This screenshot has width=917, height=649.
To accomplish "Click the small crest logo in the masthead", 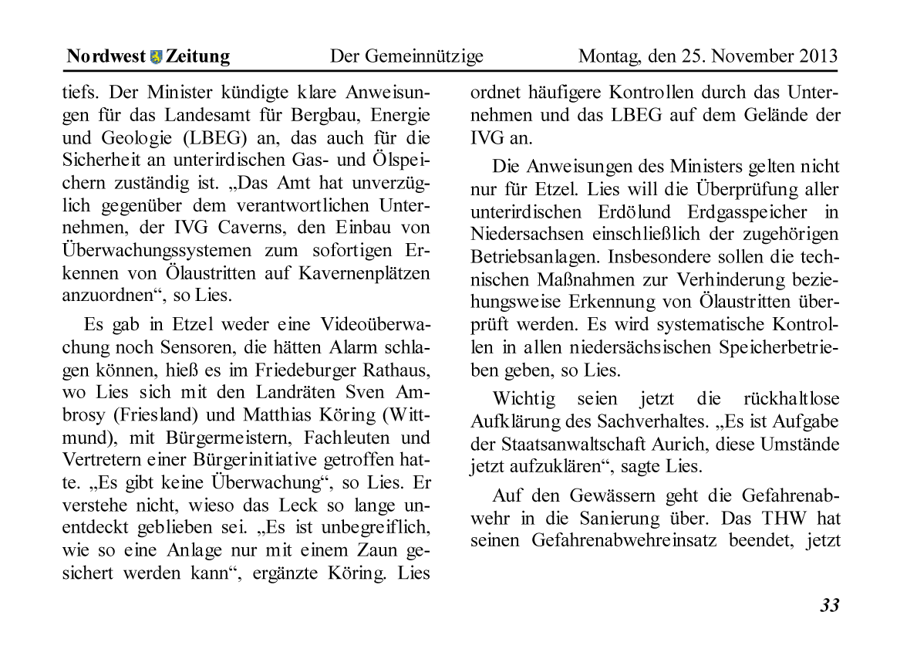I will tap(156, 57).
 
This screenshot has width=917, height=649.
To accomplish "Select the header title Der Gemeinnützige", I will tap(406, 56).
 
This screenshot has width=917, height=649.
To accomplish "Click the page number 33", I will tap(828, 605).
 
